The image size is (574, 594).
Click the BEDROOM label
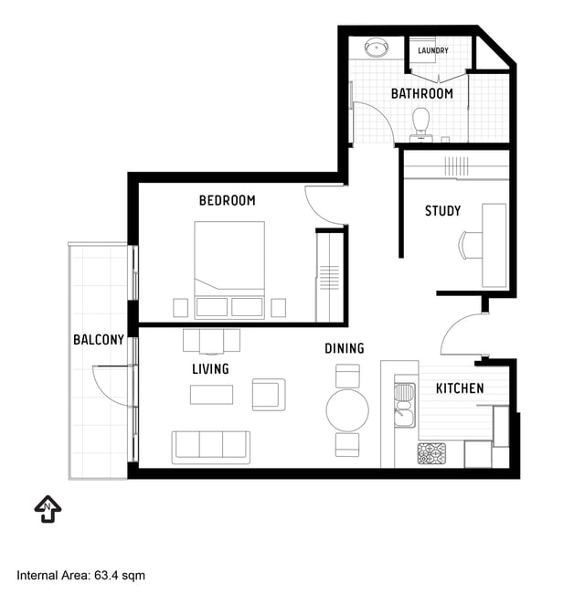(227, 200)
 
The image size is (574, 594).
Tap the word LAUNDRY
(432, 50)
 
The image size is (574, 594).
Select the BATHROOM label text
(421, 93)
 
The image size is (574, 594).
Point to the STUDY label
(442, 211)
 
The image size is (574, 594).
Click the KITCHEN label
(460, 388)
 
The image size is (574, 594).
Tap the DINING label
(345, 348)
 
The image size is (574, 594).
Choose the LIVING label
(210, 369)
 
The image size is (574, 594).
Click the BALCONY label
(99, 340)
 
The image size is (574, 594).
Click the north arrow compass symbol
(48, 509)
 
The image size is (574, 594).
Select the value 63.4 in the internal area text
(106, 575)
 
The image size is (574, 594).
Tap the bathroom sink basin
(377, 48)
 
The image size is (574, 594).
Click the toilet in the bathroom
(420, 124)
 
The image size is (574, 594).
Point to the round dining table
(347, 410)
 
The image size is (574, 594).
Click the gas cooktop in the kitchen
(431, 453)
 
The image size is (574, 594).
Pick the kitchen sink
(405, 406)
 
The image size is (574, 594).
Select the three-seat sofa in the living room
(210, 448)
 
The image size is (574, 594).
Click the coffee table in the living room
(211, 395)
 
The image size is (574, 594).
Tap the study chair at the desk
(470, 246)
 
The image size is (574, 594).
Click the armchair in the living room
(269, 395)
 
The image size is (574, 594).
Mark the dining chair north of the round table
(347, 376)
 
